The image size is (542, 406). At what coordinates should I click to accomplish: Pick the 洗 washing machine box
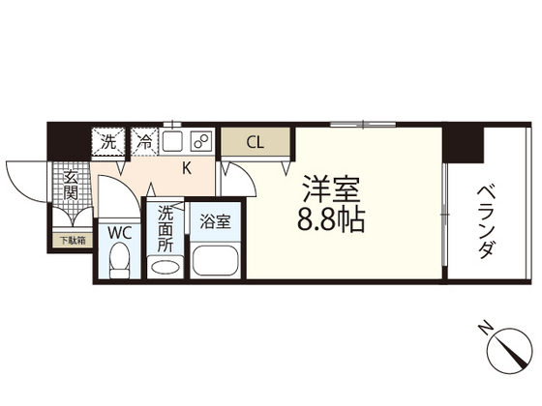(x=109, y=142)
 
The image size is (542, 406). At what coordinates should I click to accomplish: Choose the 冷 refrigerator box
(x=144, y=142)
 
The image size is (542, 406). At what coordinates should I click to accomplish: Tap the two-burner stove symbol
(x=202, y=142)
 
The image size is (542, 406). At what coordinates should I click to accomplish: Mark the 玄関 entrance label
(x=71, y=185)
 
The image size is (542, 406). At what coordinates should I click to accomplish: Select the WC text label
(x=120, y=233)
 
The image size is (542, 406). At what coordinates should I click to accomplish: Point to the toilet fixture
(x=120, y=260)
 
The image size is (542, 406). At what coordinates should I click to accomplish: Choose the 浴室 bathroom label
(x=214, y=221)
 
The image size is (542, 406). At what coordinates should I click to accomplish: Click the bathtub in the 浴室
(x=214, y=261)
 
